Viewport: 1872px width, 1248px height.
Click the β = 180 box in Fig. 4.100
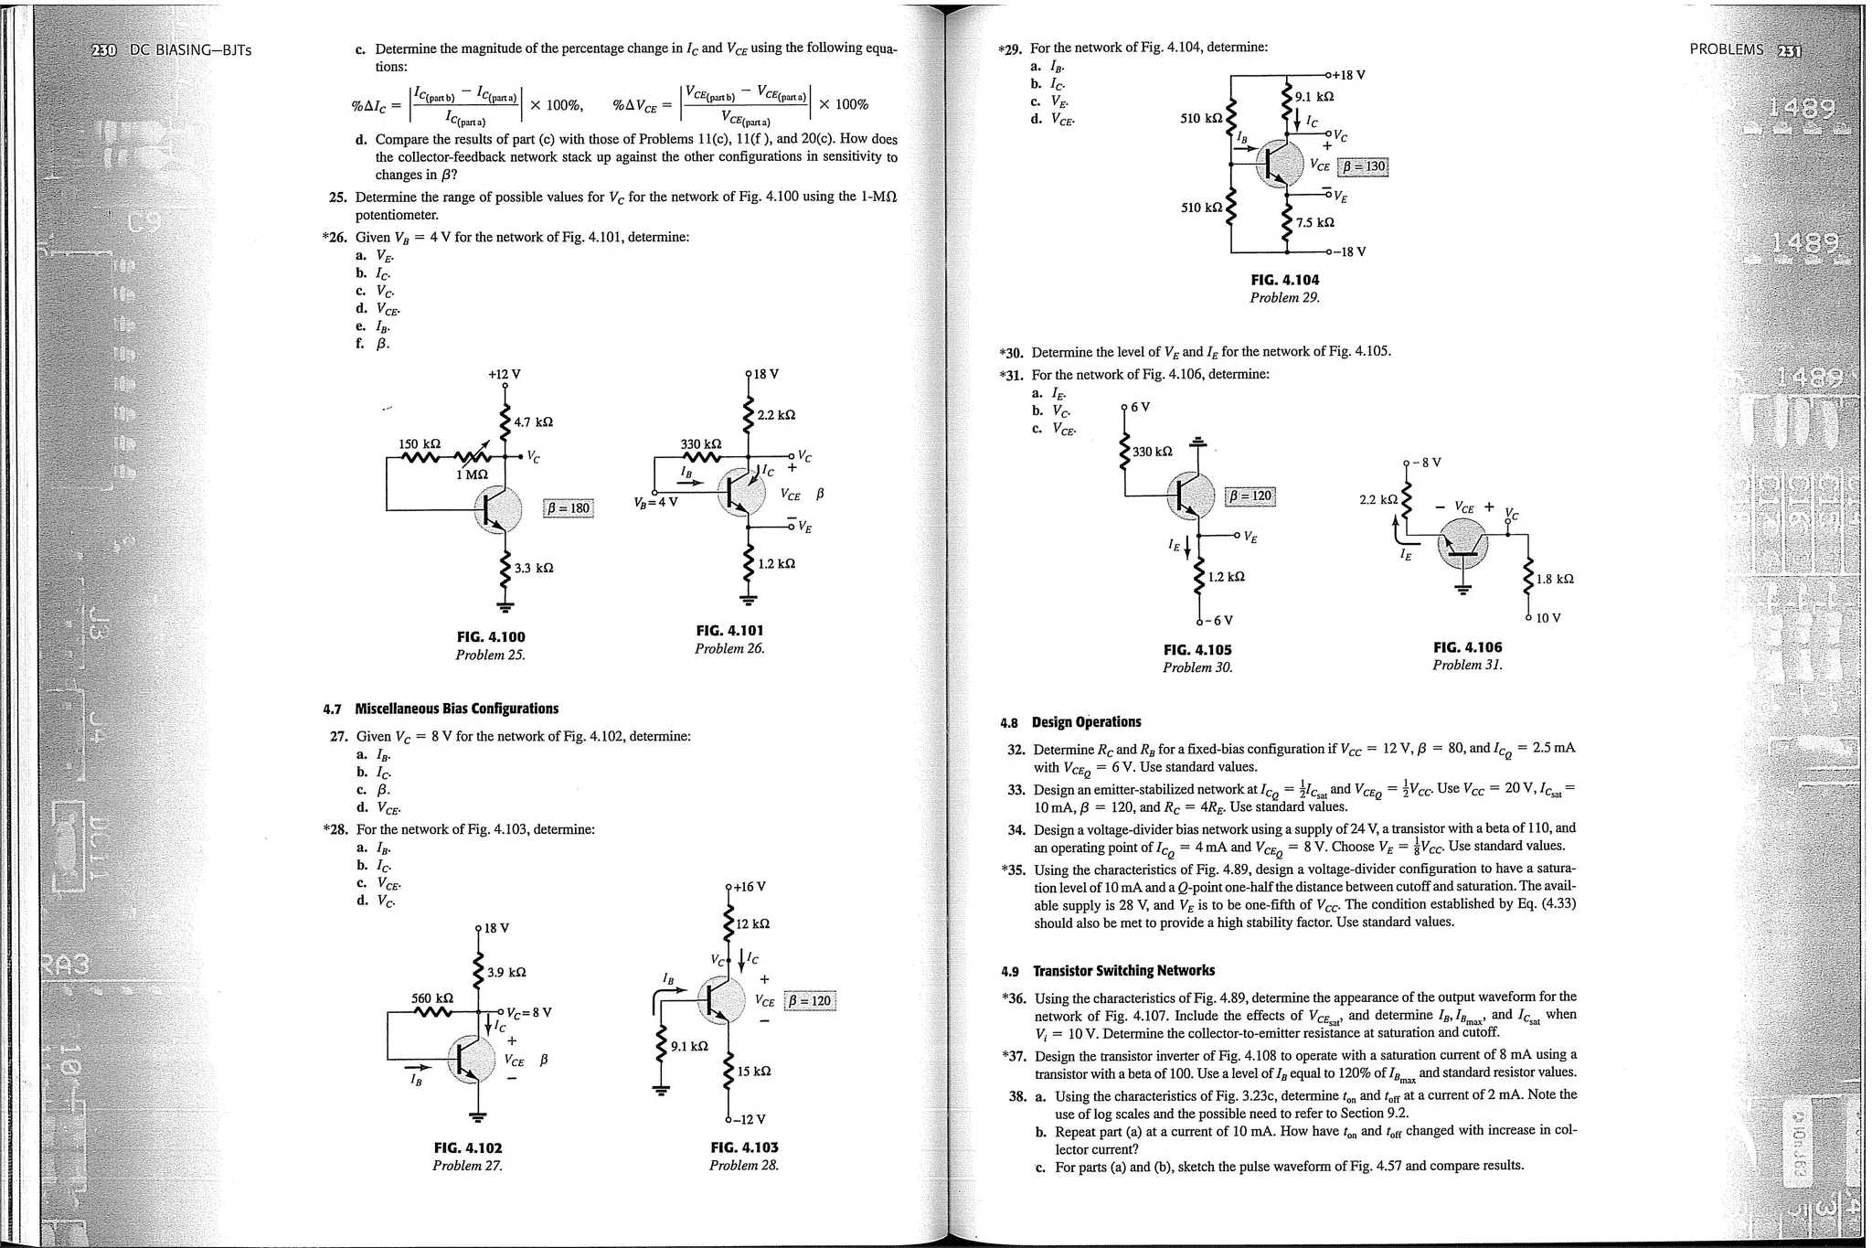click(569, 508)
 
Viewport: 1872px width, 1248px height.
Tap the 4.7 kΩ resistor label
click(533, 422)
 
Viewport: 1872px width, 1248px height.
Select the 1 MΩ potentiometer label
click(473, 475)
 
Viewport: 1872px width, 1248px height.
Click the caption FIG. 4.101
click(729, 631)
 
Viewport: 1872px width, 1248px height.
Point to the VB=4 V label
click(654, 502)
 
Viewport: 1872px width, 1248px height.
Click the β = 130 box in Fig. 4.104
click(1362, 166)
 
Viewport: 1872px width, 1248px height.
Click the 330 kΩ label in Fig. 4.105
click(1152, 452)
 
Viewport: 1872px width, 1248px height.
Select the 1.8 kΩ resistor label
click(1555, 579)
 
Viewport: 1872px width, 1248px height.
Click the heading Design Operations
click(1086, 722)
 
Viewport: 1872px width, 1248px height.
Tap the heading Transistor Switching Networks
click(1123, 971)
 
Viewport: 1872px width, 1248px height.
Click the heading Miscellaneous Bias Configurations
click(456, 709)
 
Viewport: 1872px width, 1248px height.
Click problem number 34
click(1016, 829)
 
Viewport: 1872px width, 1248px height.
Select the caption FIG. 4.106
click(1467, 647)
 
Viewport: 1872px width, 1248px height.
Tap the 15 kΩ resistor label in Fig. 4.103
click(754, 1071)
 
